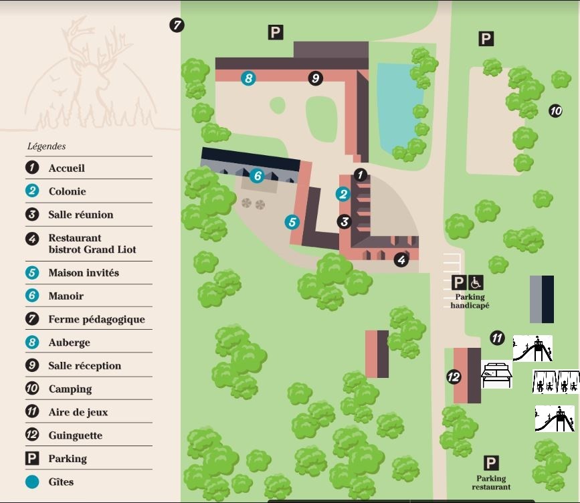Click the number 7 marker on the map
(x=177, y=25)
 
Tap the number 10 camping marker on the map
(x=555, y=110)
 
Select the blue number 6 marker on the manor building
(x=258, y=176)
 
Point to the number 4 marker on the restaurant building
(x=401, y=260)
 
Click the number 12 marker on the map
(x=454, y=377)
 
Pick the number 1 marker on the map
(x=361, y=175)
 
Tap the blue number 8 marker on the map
(x=248, y=78)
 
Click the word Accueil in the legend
(x=67, y=169)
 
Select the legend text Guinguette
(x=76, y=435)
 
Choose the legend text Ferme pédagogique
(x=96, y=320)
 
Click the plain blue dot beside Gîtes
(x=32, y=482)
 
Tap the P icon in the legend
(x=32, y=459)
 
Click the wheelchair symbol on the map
(x=476, y=282)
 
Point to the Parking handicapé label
(x=470, y=301)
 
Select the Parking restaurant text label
(x=491, y=483)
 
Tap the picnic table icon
(x=496, y=375)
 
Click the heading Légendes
(x=47, y=146)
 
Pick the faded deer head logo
(x=90, y=74)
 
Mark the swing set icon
(x=556, y=381)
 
